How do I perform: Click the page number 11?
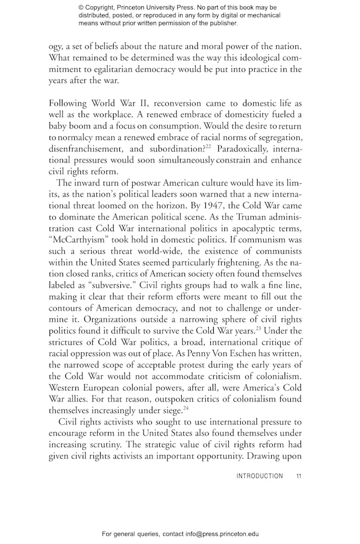[299, 476]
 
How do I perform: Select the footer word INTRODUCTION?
[259, 476]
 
